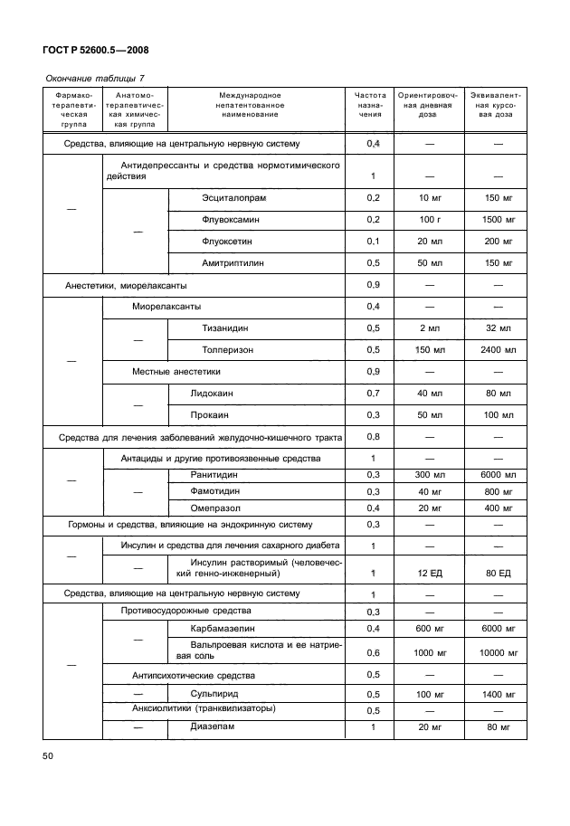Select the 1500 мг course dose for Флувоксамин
(498, 219)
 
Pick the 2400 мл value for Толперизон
(498, 349)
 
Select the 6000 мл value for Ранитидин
(498, 475)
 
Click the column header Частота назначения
(372, 105)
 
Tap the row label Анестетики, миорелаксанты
(126, 285)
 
